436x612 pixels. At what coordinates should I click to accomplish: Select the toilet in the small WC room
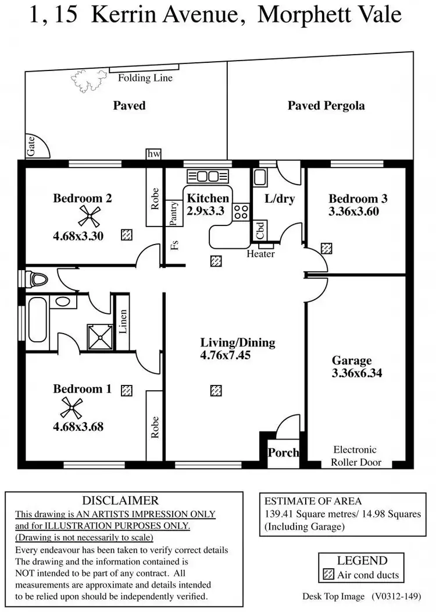[x=38, y=280]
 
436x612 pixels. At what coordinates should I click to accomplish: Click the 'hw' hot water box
[x=153, y=154]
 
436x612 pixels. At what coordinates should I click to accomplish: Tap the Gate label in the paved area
[x=31, y=147]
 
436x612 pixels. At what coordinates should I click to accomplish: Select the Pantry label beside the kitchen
[x=173, y=213]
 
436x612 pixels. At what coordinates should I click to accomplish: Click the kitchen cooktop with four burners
[x=241, y=211]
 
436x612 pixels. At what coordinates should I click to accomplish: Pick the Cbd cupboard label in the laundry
[x=260, y=230]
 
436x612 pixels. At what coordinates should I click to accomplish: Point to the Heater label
[x=260, y=254]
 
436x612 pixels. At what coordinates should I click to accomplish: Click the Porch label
[x=283, y=452]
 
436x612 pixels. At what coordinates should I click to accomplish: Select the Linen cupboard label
[x=123, y=321]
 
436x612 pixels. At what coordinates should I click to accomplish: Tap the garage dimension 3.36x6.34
[x=357, y=373]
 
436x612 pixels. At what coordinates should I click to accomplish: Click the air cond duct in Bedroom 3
[x=327, y=249]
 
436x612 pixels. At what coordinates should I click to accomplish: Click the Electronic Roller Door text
[x=356, y=456]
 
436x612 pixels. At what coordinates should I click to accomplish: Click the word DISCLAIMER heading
[x=120, y=500]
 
